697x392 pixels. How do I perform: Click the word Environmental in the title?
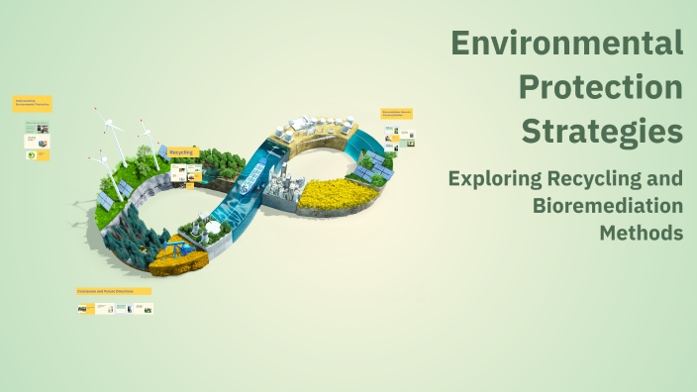click(x=566, y=44)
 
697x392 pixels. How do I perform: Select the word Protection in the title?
click(x=601, y=87)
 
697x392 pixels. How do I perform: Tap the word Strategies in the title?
click(x=602, y=131)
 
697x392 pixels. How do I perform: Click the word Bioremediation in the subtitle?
click(x=608, y=206)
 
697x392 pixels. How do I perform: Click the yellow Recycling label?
click(x=182, y=152)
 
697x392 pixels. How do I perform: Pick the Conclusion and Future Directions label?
click(x=113, y=292)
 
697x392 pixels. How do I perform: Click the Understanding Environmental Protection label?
click(x=32, y=103)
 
